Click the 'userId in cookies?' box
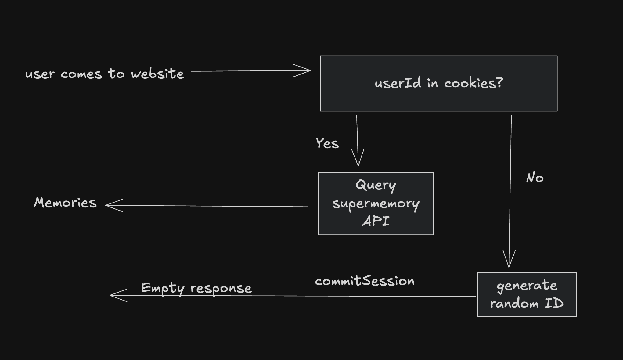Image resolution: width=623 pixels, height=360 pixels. click(x=438, y=83)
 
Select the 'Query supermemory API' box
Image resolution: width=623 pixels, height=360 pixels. click(x=376, y=204)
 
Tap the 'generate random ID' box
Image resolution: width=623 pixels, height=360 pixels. click(x=527, y=295)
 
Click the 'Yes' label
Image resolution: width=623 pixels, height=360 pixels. click(x=327, y=143)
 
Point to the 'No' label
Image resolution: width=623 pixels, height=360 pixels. click(x=535, y=178)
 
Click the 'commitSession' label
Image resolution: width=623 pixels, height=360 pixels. click(x=365, y=281)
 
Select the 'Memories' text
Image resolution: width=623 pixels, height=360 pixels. click(x=65, y=203)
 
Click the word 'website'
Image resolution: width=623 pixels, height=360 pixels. click(x=157, y=74)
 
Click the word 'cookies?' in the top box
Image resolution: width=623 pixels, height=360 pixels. click(x=473, y=83)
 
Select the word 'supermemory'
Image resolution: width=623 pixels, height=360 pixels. click(x=376, y=204)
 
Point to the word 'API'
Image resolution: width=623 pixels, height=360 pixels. click(x=376, y=221)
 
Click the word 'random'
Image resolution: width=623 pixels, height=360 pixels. click(x=514, y=304)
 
